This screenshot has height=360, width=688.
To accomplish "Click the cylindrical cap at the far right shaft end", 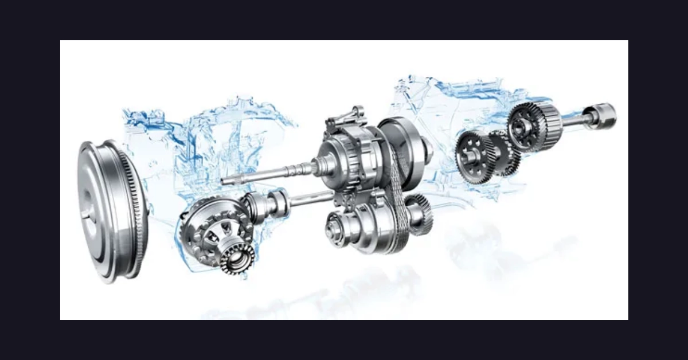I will (602, 115).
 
